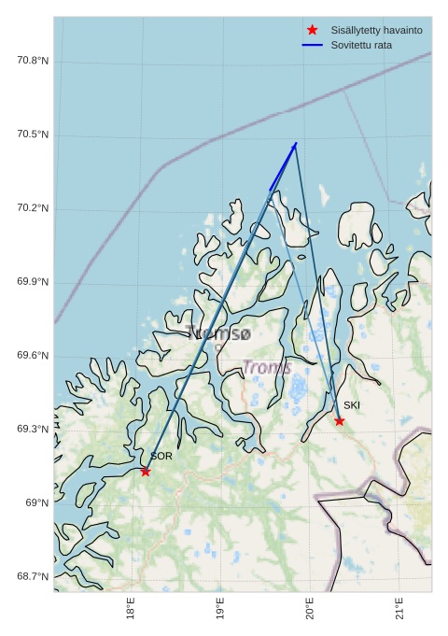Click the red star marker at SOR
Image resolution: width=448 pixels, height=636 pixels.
click(146, 472)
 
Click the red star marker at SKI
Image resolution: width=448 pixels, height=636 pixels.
click(339, 421)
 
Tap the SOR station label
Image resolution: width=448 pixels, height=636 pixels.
click(161, 457)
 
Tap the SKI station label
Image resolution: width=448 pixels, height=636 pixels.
click(351, 405)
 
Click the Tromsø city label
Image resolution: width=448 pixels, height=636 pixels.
click(218, 332)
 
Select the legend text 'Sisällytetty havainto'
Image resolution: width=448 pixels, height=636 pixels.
click(376, 30)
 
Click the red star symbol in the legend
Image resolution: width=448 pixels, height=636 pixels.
click(312, 30)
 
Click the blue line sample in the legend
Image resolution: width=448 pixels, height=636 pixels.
click(312, 45)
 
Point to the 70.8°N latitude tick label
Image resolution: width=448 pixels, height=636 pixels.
click(33, 61)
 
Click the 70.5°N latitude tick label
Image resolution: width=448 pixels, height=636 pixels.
click(33, 134)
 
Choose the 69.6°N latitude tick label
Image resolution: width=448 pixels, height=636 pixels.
click(33, 356)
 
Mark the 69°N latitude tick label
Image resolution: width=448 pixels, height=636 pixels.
click(37, 503)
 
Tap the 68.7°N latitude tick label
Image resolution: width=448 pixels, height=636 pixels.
click(33, 576)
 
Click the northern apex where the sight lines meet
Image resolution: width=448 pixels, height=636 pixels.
click(296, 144)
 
